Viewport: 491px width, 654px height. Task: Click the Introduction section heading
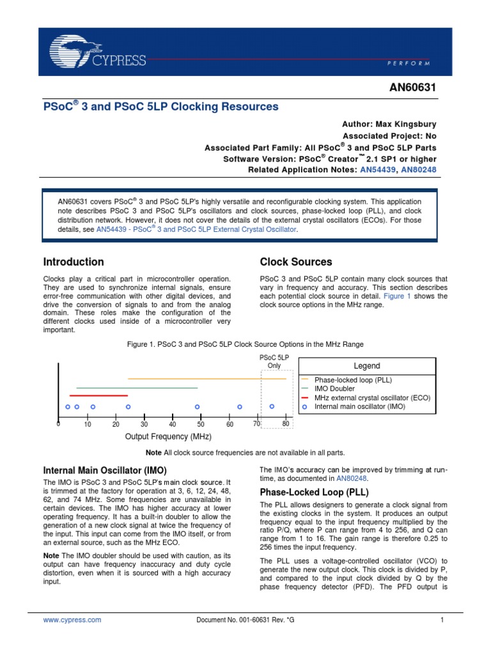(73, 262)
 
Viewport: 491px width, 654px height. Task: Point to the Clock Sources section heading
(295, 262)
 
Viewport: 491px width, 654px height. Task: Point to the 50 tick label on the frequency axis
(200, 425)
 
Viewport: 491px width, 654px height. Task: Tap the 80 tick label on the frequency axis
(286, 424)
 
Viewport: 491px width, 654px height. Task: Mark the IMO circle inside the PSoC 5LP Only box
(272, 406)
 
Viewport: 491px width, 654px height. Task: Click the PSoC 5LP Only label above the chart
(274, 361)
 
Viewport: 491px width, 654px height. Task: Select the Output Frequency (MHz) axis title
(168, 436)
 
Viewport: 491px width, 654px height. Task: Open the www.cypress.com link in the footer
(72, 620)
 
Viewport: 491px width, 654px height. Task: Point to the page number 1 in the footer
(442, 620)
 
